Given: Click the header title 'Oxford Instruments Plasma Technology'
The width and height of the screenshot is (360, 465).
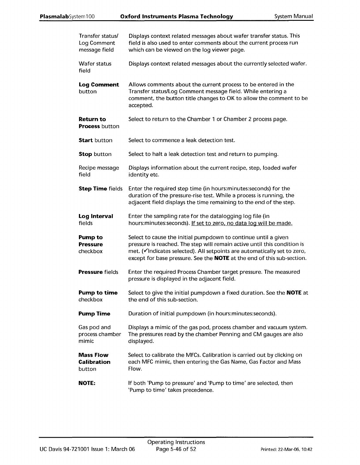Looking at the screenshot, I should [177, 16].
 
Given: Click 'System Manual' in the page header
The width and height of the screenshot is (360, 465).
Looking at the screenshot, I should [294, 16].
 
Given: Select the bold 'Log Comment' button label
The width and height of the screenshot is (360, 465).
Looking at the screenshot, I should [99, 85].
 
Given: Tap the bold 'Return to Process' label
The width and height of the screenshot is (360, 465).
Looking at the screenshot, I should [92, 123].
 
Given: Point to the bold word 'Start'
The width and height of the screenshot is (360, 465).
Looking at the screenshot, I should [86, 140].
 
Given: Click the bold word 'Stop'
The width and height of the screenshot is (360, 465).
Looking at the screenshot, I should [85, 154].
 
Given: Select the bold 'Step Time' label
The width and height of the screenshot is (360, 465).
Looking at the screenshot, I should [93, 189].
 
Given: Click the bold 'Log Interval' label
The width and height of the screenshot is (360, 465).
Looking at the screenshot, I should [96, 216].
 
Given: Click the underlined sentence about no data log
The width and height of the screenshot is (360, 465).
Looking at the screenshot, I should [242, 223].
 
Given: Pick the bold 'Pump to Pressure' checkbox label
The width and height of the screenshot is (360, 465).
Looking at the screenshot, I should [91, 241].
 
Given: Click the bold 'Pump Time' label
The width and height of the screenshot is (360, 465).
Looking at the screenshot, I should [94, 314].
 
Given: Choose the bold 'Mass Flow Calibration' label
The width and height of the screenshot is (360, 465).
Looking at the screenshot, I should [94, 359].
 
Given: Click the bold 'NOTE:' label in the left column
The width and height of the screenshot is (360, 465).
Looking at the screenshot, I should [87, 383].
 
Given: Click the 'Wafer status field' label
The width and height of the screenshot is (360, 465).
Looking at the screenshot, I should [95, 67].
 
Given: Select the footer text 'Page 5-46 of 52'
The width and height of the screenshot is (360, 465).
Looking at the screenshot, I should [176, 449].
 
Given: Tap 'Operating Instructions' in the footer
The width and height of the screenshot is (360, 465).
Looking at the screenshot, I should [176, 442].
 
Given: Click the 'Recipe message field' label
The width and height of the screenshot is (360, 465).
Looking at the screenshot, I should [99, 171].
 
